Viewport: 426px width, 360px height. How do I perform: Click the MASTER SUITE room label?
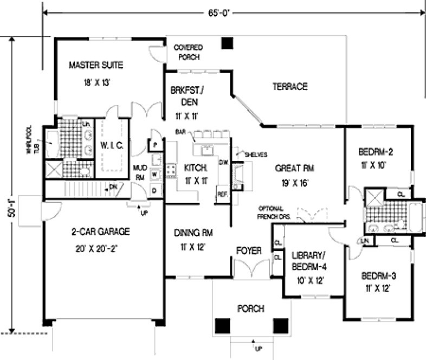tap(96, 66)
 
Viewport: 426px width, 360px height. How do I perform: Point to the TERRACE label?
tap(290, 86)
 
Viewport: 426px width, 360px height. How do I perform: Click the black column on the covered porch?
tap(228, 43)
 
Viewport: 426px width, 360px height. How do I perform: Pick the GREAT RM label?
tap(294, 168)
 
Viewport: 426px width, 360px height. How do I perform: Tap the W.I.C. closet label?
tap(113, 145)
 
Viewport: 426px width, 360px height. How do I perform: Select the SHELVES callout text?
tap(255, 155)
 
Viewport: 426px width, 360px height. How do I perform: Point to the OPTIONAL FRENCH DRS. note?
tap(274, 213)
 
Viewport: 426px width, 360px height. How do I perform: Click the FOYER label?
tap(249, 251)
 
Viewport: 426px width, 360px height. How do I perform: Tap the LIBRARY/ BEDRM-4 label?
tap(307, 260)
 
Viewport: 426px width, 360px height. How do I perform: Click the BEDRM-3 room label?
tap(378, 275)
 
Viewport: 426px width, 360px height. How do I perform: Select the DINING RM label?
tap(193, 233)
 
